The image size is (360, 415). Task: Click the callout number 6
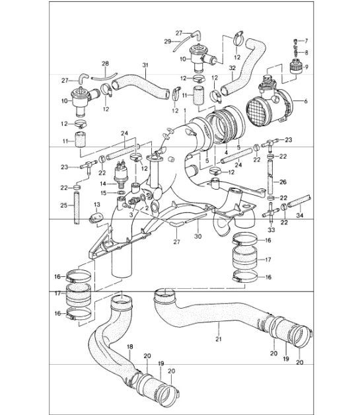(306, 100)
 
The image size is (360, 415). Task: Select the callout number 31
(146, 65)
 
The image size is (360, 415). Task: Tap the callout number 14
(102, 184)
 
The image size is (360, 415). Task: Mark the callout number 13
(95, 205)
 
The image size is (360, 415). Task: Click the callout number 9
(305, 66)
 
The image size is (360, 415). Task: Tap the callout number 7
(306, 41)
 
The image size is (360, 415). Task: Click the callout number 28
(104, 64)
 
